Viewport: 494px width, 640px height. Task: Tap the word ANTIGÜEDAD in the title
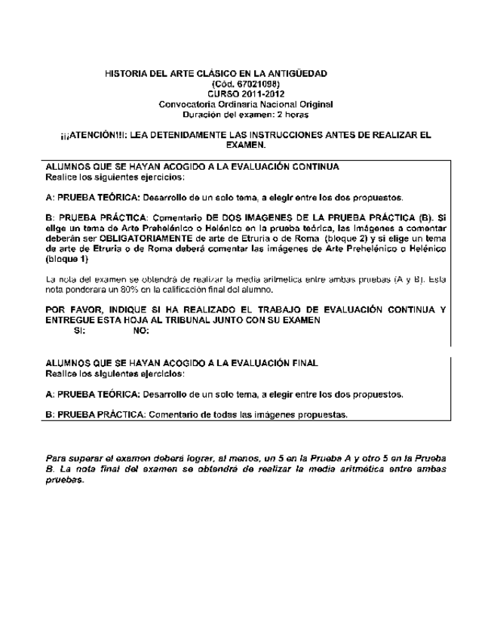[x=296, y=74]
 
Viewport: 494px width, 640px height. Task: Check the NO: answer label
[x=140, y=330]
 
